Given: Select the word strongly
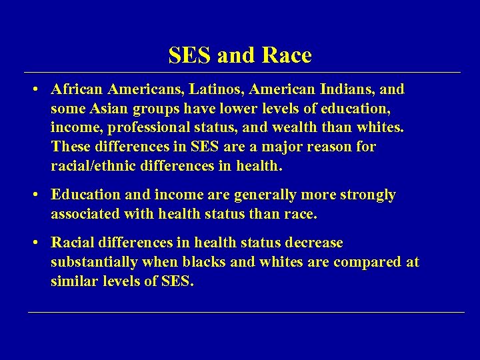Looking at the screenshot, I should pyautogui.click(x=365, y=195).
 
